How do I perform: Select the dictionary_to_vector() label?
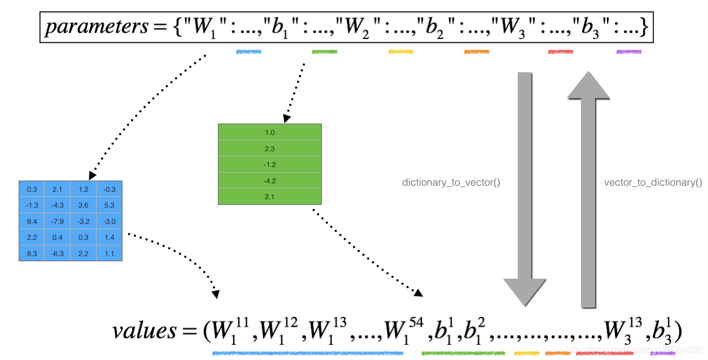point(451,183)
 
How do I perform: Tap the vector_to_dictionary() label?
point(653,183)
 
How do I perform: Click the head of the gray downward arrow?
point(525,293)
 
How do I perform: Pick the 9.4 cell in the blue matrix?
point(32,221)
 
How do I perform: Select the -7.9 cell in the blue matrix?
point(58,221)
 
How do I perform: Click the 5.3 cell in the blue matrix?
point(110,205)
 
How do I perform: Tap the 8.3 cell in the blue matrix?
point(32,254)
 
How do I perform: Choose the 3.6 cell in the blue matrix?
point(84,205)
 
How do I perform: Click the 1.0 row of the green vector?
point(270,132)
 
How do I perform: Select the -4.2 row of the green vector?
point(270,181)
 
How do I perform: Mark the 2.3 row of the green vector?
point(270,148)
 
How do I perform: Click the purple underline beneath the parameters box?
point(629,52)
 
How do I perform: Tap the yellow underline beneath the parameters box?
point(401,52)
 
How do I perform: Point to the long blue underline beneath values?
point(308,354)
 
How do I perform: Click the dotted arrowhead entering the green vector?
point(287,118)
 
